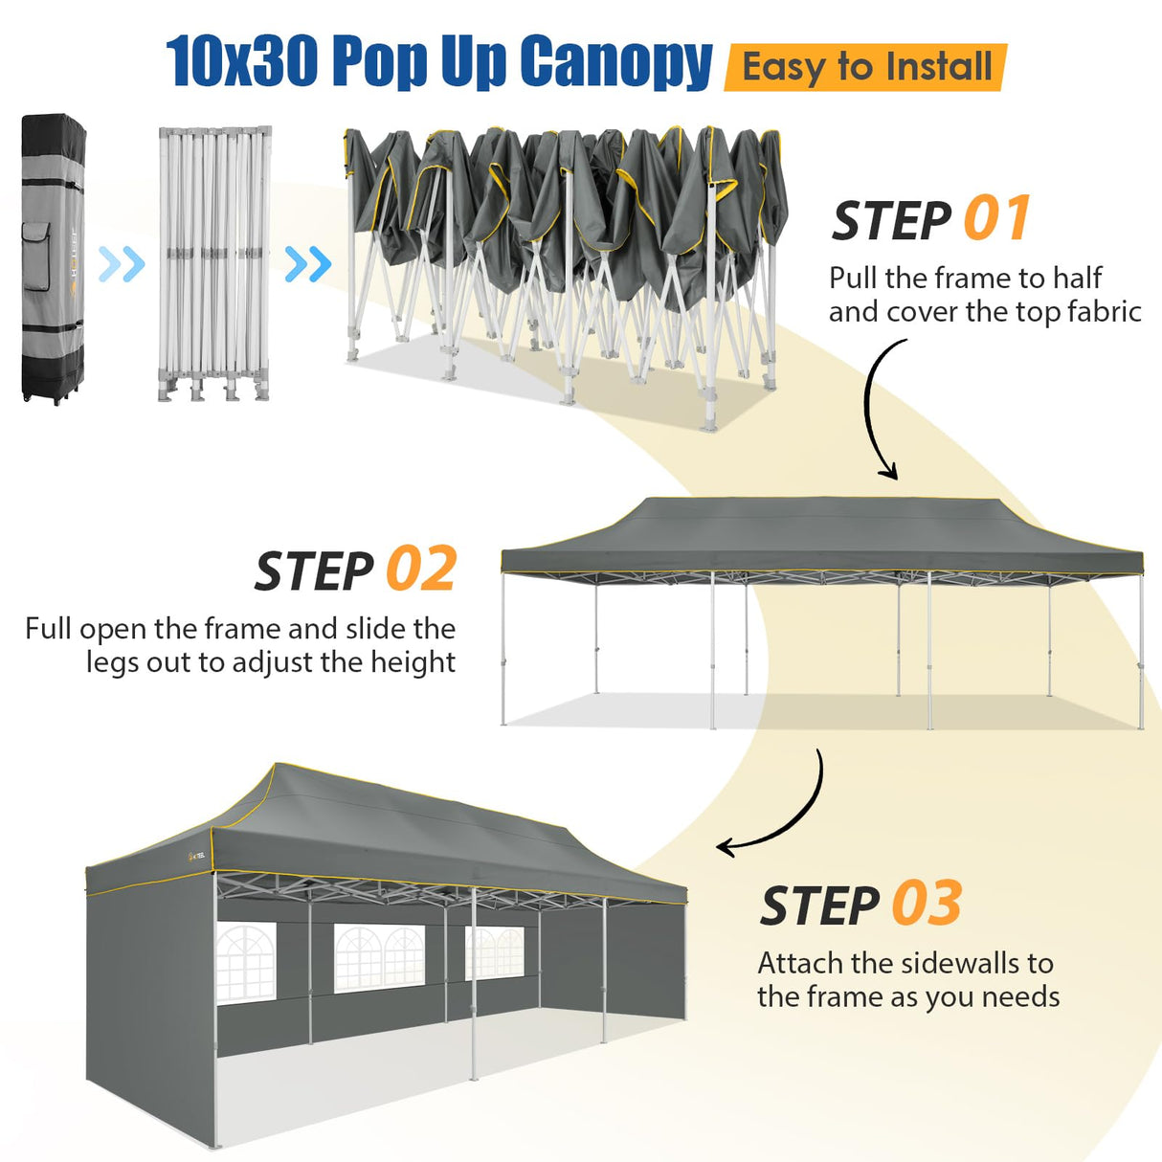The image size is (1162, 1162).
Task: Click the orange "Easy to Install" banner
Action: [866, 68]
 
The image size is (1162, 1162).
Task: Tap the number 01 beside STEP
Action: [996, 219]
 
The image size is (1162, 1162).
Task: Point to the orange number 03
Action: [927, 905]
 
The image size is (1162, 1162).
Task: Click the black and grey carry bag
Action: [54, 258]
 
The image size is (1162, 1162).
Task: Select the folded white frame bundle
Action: [213, 263]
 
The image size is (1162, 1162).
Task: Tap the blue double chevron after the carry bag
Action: [122, 263]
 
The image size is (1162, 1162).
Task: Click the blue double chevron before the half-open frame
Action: [308, 264]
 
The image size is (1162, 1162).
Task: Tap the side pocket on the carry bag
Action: [36, 257]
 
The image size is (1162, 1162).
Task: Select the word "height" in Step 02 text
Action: [413, 662]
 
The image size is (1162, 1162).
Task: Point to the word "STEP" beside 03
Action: [820, 906]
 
